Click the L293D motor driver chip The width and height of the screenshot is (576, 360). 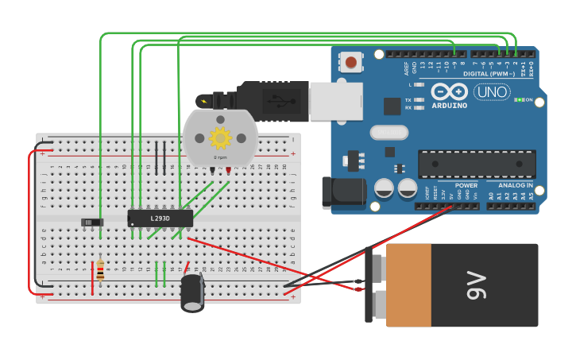160,217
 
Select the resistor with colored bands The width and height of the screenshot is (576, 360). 100,270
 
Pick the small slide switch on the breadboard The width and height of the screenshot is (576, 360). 92,222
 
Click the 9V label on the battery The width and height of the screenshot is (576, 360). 475,285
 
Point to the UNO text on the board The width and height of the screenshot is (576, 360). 492,91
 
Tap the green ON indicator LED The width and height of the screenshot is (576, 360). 520,100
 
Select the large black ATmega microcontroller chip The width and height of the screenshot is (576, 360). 477,164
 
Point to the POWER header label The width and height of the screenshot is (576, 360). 466,185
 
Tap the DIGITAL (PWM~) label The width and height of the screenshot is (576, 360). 489,73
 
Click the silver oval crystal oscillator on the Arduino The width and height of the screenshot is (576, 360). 389,132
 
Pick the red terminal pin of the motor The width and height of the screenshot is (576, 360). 228,170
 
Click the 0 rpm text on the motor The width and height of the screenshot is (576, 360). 220,157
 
